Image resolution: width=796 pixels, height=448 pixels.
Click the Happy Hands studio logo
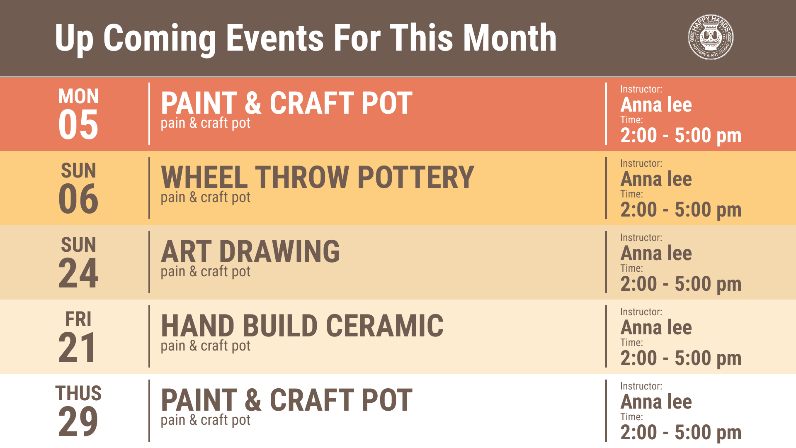tap(711, 38)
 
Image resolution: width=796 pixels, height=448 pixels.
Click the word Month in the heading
tap(510, 38)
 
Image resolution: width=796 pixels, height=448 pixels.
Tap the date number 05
tap(78, 124)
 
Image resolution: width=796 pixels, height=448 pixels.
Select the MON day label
tap(78, 96)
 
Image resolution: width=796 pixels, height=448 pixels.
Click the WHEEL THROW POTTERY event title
tap(318, 177)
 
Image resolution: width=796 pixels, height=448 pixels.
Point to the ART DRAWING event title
tap(250, 251)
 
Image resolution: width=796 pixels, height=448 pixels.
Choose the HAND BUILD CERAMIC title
tap(302, 326)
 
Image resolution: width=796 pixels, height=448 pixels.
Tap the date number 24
tap(78, 273)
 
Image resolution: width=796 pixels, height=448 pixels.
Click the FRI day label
tap(78, 319)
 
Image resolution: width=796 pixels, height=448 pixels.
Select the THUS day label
tap(78, 393)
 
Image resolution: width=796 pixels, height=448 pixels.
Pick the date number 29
tap(78, 421)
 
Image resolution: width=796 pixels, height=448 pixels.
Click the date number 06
tap(78, 199)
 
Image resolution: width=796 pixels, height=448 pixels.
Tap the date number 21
tap(77, 347)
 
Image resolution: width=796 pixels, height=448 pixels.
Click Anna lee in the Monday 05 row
tap(656, 105)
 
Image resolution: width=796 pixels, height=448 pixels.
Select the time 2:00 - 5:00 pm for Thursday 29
tap(681, 432)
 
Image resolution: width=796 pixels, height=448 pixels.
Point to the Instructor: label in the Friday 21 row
tap(641, 312)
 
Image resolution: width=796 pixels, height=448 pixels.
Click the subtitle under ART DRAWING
tap(206, 272)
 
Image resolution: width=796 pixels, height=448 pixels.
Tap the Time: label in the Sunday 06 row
tap(632, 194)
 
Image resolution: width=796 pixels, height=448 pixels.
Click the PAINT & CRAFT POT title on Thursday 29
tap(286, 400)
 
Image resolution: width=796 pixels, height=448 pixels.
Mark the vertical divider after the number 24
tap(149, 262)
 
